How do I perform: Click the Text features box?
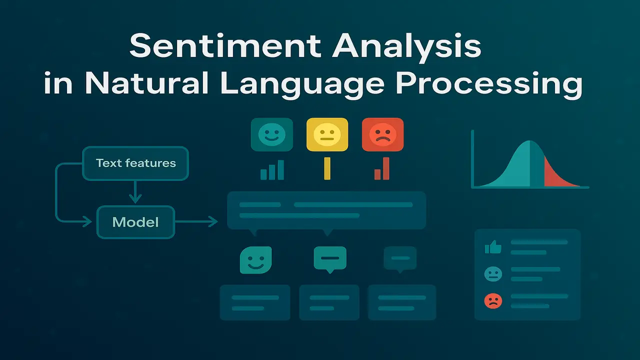[135, 163]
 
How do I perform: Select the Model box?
[135, 221]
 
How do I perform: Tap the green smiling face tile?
[271, 134]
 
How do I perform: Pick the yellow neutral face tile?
[327, 134]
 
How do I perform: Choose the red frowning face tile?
[382, 134]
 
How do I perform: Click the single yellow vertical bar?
[327, 168]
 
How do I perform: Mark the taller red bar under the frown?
[386, 168]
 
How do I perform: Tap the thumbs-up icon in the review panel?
[493, 247]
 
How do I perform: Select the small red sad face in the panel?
[493, 300]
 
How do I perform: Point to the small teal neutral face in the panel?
[493, 273]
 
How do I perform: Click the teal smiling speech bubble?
[255, 259]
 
